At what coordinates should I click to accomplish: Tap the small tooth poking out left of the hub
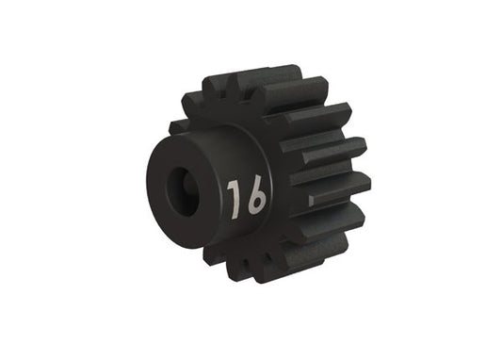click(177, 125)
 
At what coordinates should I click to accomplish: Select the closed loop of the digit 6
click(256, 202)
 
